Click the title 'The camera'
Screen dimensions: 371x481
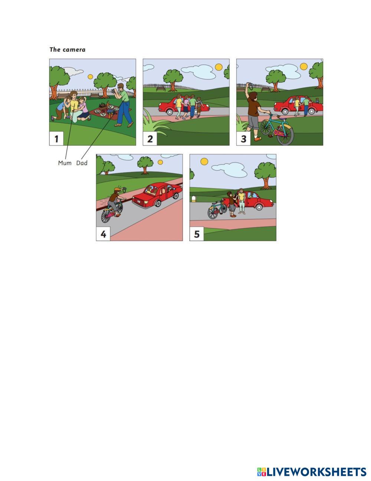coord(68,49)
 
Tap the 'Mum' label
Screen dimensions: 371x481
coord(65,163)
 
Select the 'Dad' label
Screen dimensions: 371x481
coord(82,163)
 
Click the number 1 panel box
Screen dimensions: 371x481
coord(56,139)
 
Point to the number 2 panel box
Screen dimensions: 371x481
coord(150,139)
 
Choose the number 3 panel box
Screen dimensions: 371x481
coord(244,139)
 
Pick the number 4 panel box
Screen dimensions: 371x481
coord(103,234)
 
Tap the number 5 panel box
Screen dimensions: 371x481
coord(197,234)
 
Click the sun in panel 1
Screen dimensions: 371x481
coord(90,77)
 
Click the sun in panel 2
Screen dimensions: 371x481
coord(219,67)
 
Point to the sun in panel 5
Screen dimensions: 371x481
coord(204,162)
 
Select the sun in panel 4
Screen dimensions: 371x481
coord(160,162)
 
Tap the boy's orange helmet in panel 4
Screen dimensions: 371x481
coord(117,190)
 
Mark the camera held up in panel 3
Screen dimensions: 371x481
coord(250,85)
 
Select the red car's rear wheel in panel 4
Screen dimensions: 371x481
coord(158,203)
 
